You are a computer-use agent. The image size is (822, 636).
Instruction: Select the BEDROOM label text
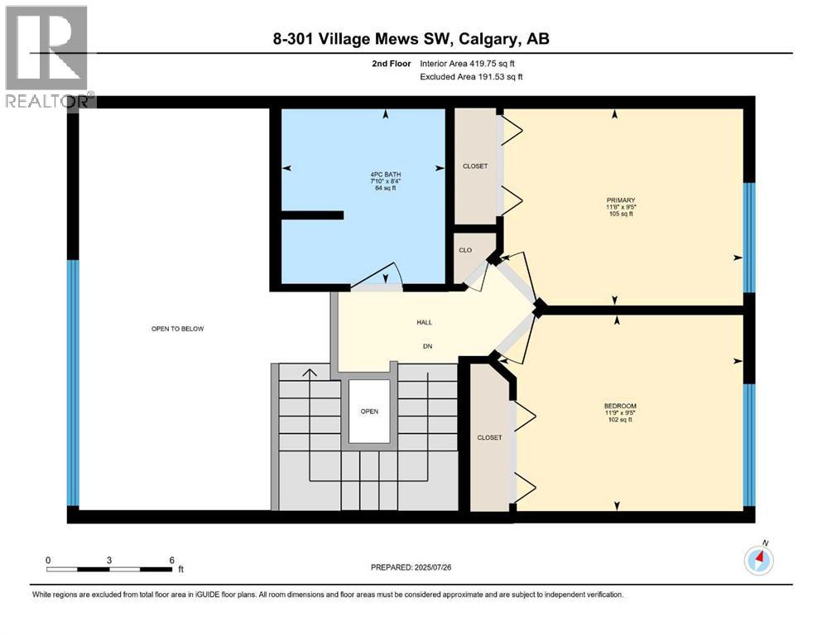(620, 406)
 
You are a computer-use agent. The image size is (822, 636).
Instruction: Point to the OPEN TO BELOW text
(177, 329)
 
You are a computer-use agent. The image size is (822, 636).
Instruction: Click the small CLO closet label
(465, 249)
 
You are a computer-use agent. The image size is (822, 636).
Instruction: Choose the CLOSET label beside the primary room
(475, 166)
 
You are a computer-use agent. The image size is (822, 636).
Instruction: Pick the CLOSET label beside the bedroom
(489, 437)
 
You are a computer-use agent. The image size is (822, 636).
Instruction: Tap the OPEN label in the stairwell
(368, 411)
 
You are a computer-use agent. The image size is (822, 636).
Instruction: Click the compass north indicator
(759, 560)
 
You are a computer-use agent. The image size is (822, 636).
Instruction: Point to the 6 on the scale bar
(171, 560)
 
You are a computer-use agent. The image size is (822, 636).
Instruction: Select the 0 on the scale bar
(48, 560)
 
